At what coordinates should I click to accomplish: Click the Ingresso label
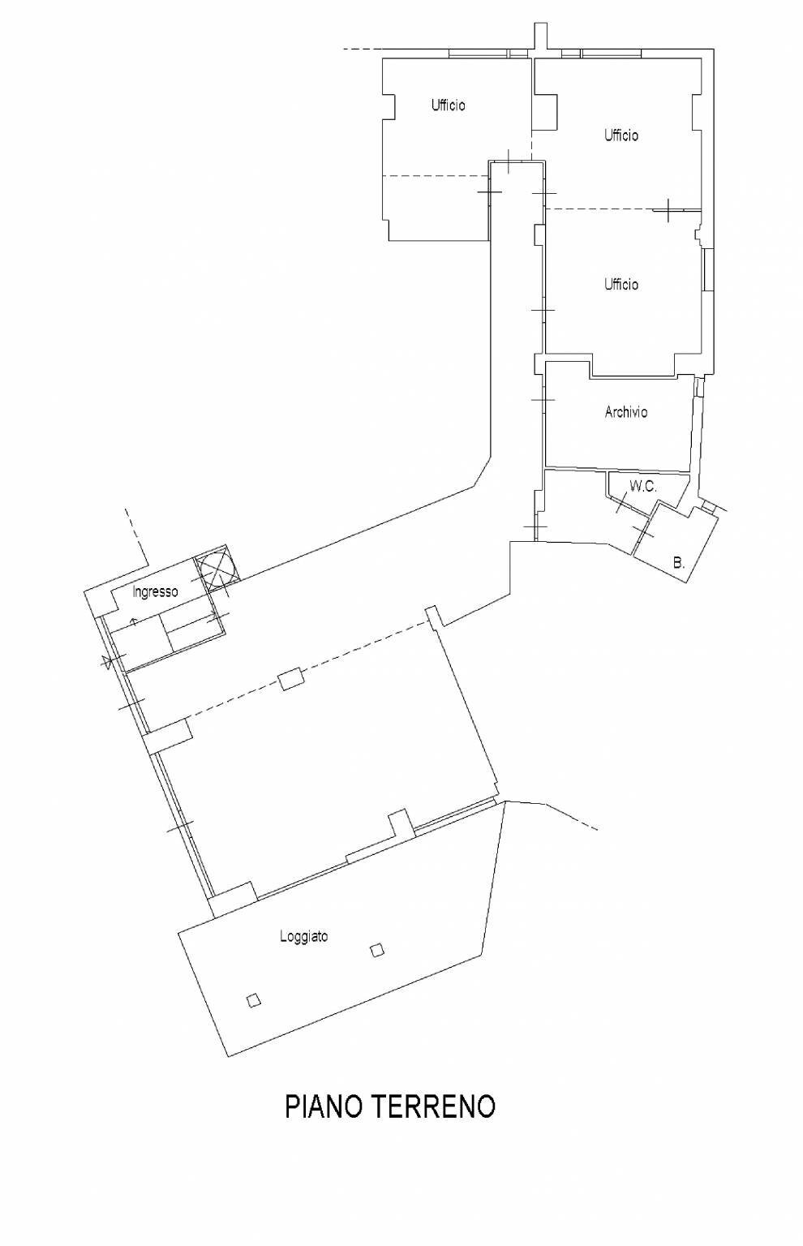[x=155, y=592]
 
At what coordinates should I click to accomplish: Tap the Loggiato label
[x=303, y=936]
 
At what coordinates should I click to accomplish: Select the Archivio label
[x=625, y=412]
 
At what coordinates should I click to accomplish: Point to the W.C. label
[x=642, y=487]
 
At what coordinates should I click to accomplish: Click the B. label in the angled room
[x=679, y=561]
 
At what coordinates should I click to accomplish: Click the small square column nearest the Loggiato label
[x=376, y=950]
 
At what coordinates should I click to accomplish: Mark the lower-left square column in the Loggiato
[x=254, y=1000]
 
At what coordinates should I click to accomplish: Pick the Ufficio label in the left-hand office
[x=448, y=105]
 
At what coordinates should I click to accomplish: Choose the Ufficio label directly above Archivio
[x=620, y=285]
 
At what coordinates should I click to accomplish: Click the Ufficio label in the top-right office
[x=620, y=135]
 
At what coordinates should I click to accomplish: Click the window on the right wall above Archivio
[x=708, y=270]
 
